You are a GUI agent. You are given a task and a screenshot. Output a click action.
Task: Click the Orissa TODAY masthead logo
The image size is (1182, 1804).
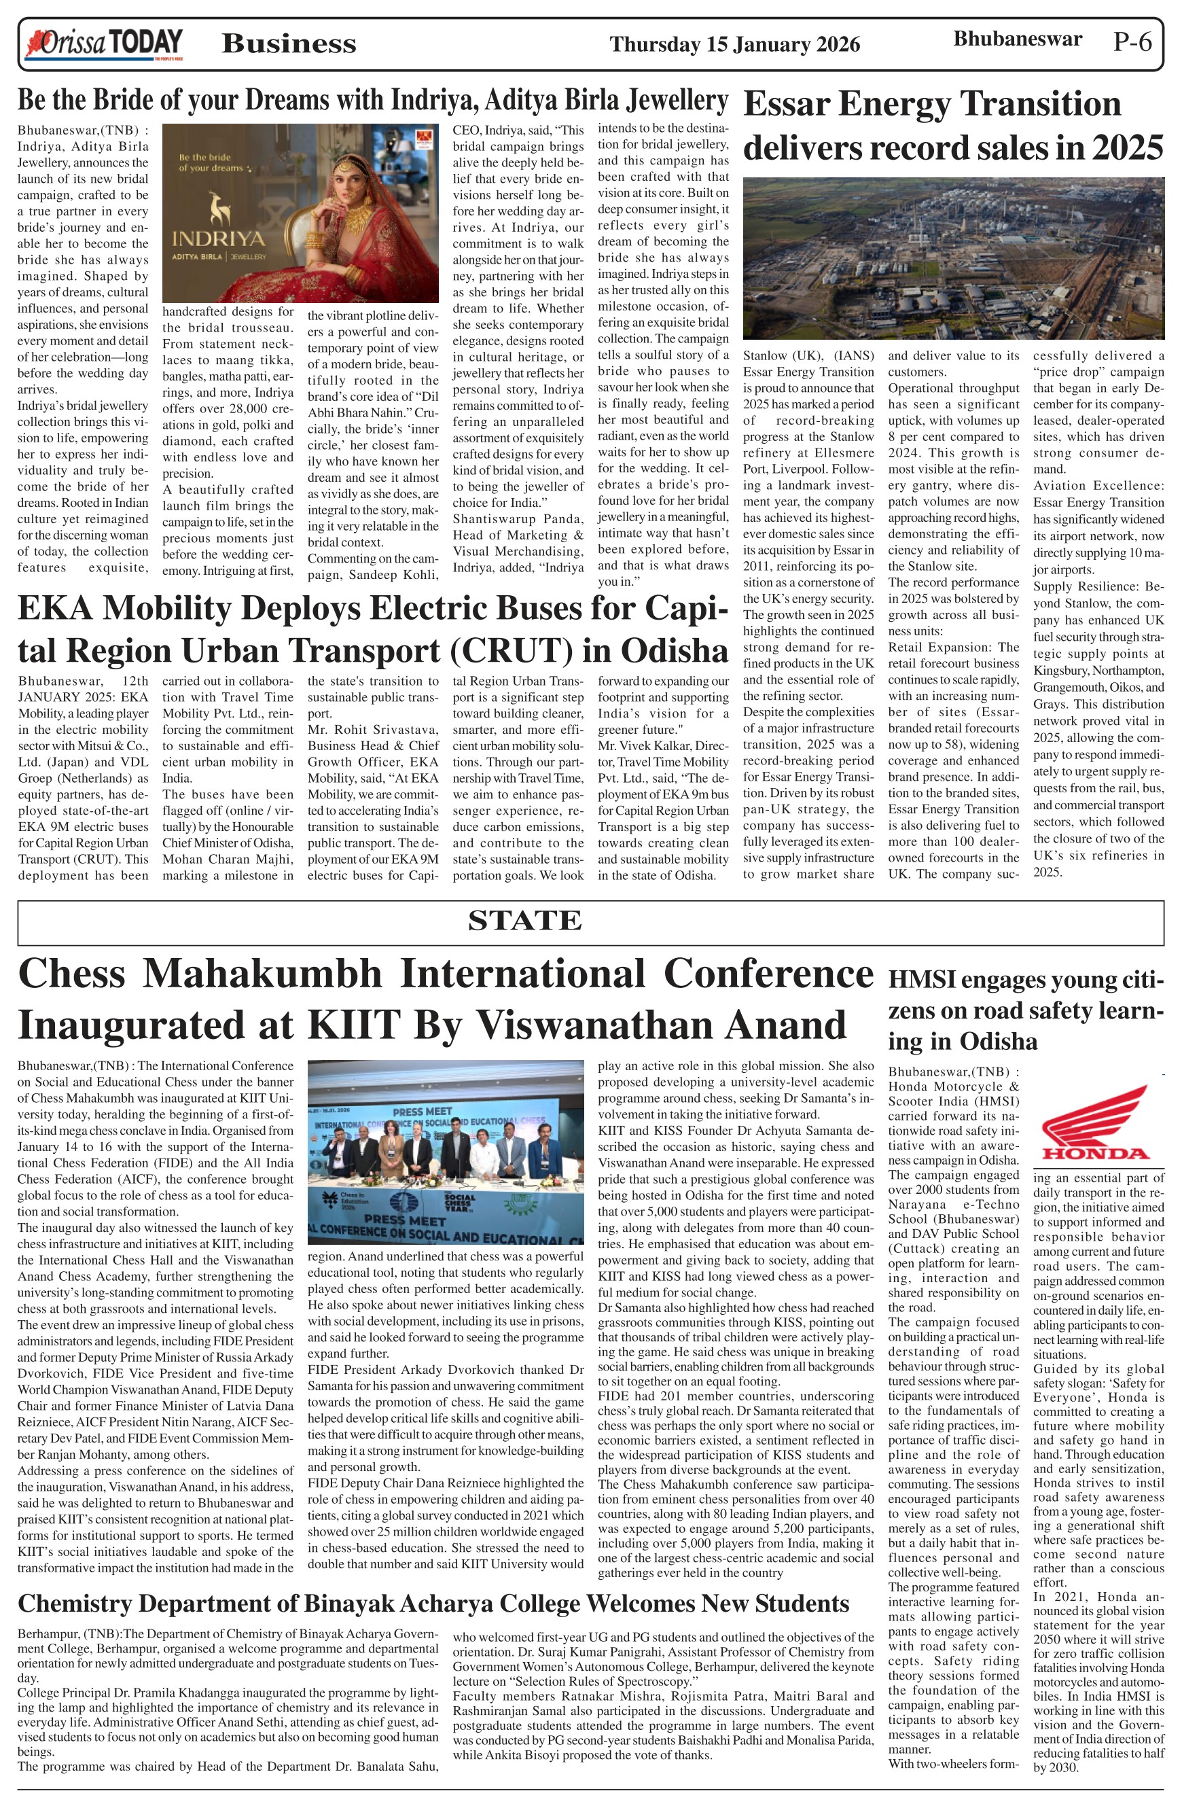point(105,44)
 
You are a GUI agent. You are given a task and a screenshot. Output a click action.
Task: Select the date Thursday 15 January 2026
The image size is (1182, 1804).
point(734,45)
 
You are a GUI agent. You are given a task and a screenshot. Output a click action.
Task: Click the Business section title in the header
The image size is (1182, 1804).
point(289,44)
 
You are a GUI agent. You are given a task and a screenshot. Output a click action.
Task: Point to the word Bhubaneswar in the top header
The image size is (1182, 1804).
point(1017,39)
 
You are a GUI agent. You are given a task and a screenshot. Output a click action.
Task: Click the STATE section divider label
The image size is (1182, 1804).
point(524,920)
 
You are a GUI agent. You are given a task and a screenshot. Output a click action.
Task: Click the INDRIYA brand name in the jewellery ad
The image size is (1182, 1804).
point(219,238)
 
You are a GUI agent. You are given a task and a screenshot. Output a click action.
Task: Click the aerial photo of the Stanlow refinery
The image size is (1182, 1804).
point(953,258)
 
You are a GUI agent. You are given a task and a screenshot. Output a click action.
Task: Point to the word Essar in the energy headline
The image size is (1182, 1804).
point(795,105)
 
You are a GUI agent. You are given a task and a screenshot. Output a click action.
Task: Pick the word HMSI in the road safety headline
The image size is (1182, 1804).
point(921,980)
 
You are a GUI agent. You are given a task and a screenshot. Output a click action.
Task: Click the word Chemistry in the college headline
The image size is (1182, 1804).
point(74,1604)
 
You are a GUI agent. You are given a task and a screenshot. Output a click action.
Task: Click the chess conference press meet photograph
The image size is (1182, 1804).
point(446,1152)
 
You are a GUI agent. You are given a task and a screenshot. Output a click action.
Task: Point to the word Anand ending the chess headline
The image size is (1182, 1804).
point(784,1025)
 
